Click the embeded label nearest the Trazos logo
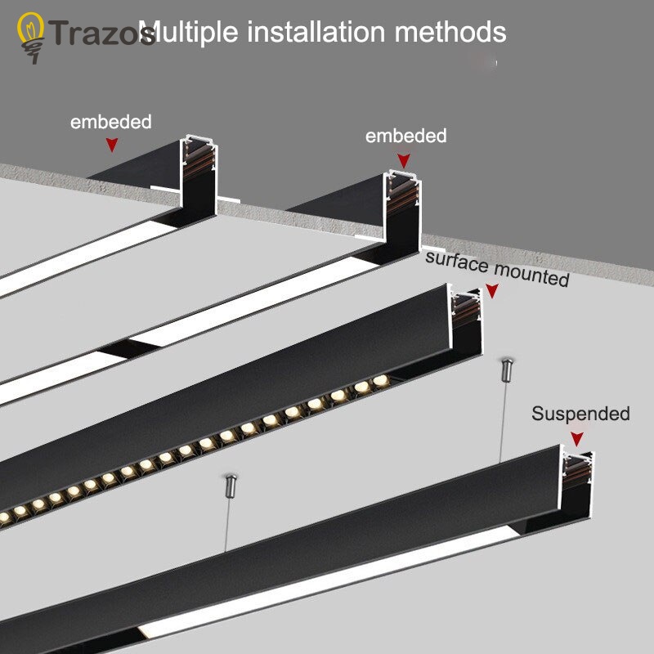tap(111, 122)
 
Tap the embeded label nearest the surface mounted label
tap(405, 136)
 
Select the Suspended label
tap(580, 414)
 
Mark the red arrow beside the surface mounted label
tap(492, 291)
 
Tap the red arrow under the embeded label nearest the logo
tap(112, 145)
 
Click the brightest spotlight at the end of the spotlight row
tap(379, 382)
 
